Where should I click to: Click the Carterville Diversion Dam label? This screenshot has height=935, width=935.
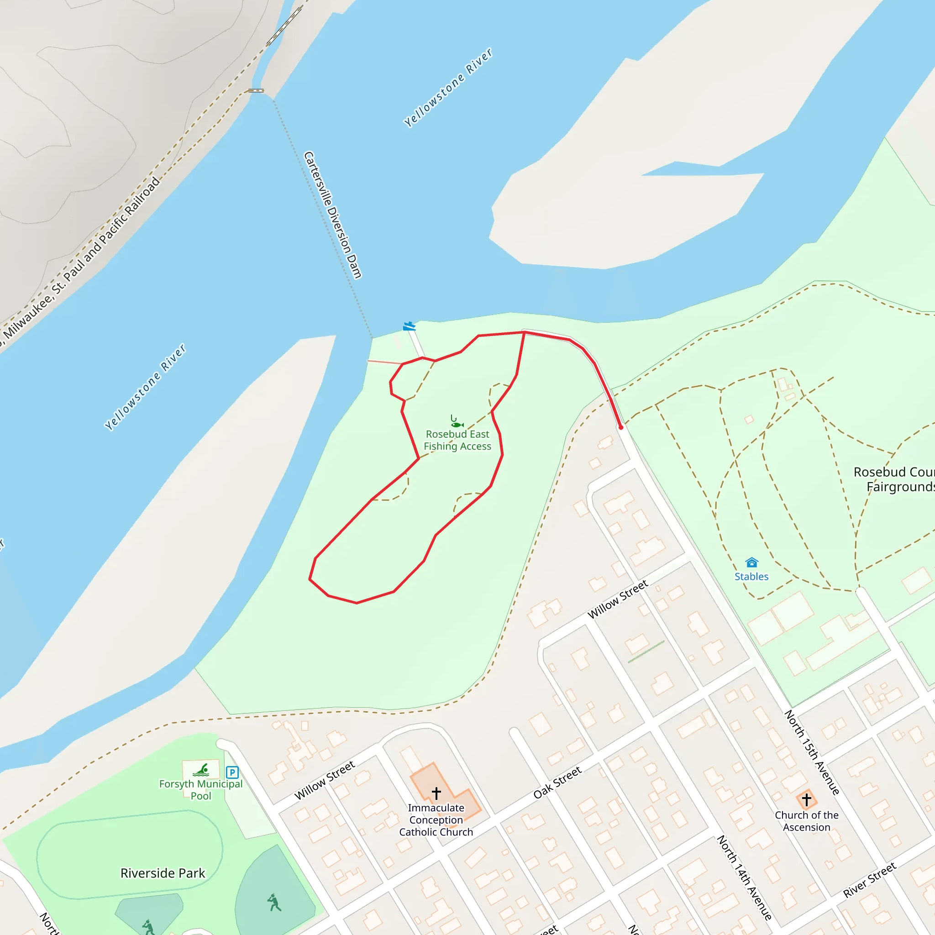(x=332, y=215)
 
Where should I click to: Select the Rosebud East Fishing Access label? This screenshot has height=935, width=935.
(x=457, y=440)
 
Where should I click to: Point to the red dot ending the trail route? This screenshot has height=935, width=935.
(x=621, y=427)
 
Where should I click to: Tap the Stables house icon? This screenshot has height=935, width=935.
(x=751, y=562)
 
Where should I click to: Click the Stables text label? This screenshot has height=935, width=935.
(x=751, y=577)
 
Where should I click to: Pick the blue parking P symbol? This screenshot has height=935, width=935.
(x=232, y=772)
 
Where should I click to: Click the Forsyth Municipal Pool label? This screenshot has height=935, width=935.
(x=201, y=790)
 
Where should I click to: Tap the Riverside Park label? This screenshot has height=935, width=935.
(x=163, y=873)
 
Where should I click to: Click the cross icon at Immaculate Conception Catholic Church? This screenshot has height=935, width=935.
(x=436, y=793)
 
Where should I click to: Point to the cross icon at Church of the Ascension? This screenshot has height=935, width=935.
(x=806, y=799)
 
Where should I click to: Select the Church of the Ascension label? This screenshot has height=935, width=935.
(x=806, y=821)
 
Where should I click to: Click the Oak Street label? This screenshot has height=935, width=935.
(x=557, y=783)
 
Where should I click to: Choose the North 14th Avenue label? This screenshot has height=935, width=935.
(x=744, y=877)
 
